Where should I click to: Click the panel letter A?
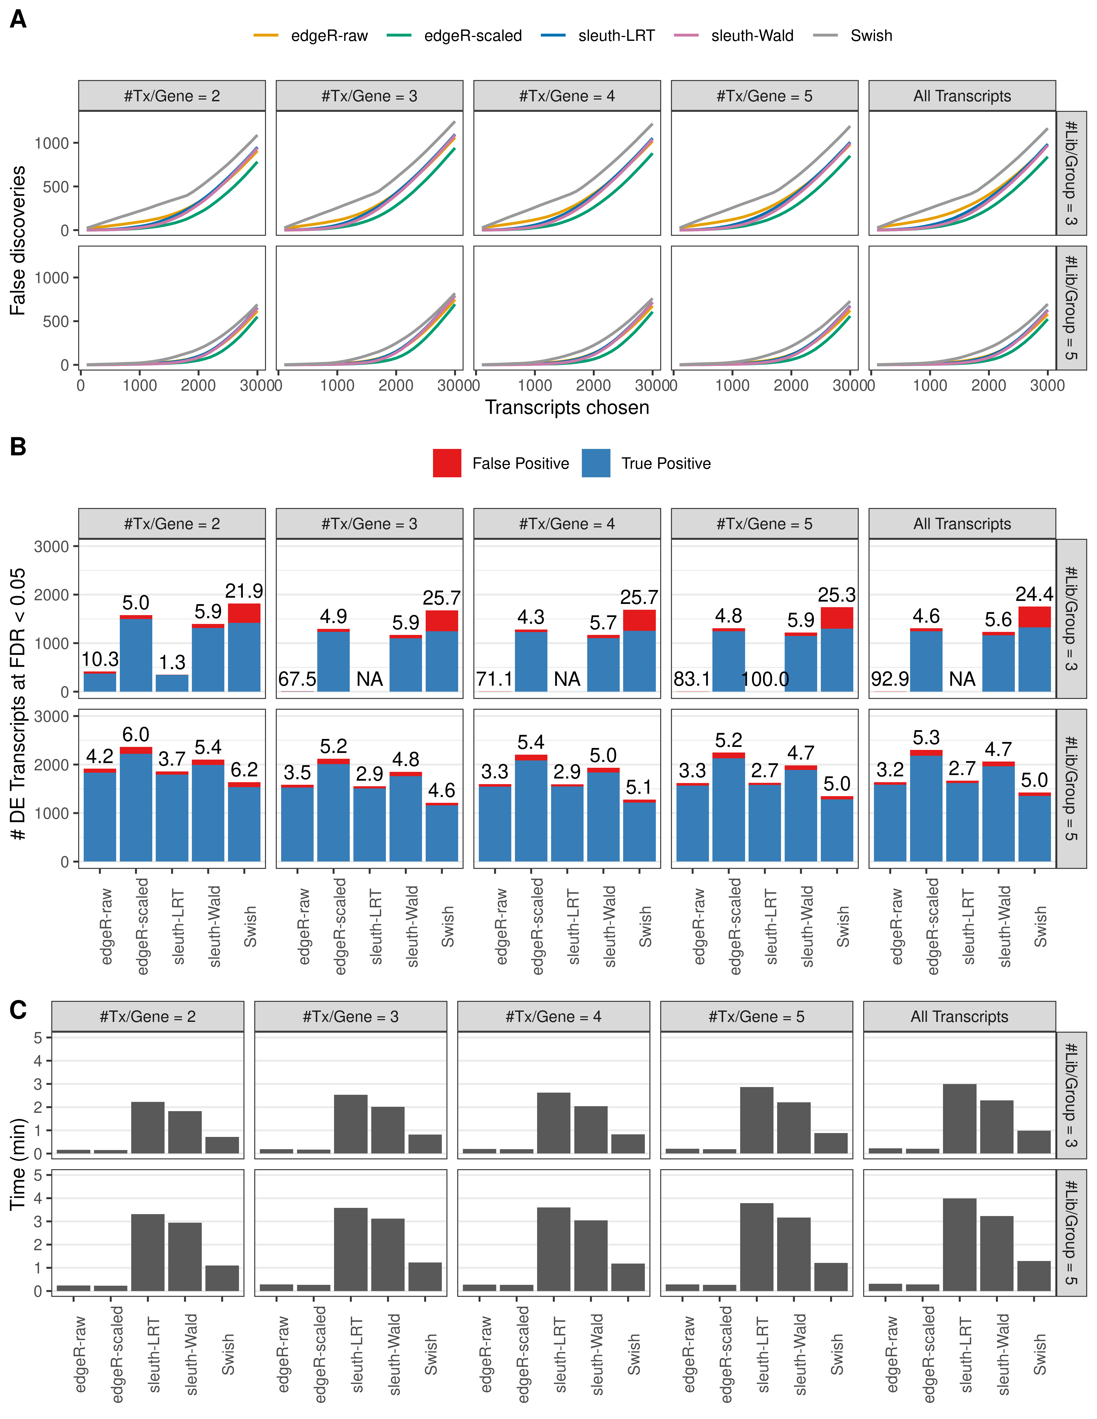pyautogui.click(x=18, y=20)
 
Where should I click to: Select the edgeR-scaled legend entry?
pyautogui.click(x=473, y=36)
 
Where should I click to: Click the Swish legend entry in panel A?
pyautogui.click(x=871, y=36)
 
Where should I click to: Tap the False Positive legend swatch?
pyautogui.click(x=447, y=463)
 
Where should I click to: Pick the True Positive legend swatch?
pyautogui.click(x=596, y=463)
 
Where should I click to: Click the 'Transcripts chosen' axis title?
pyautogui.click(x=567, y=407)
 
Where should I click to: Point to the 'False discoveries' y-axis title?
pyautogui.click(x=18, y=240)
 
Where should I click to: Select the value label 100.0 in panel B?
pyautogui.click(x=765, y=679)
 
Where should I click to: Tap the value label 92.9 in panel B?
pyautogui.click(x=890, y=679)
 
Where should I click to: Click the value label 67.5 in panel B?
pyautogui.click(x=297, y=679)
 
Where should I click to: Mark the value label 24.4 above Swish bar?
pyautogui.click(x=1034, y=594)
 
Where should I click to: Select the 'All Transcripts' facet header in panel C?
pyautogui.click(x=959, y=1017)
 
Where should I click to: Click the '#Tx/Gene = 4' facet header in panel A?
pyautogui.click(x=567, y=96)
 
